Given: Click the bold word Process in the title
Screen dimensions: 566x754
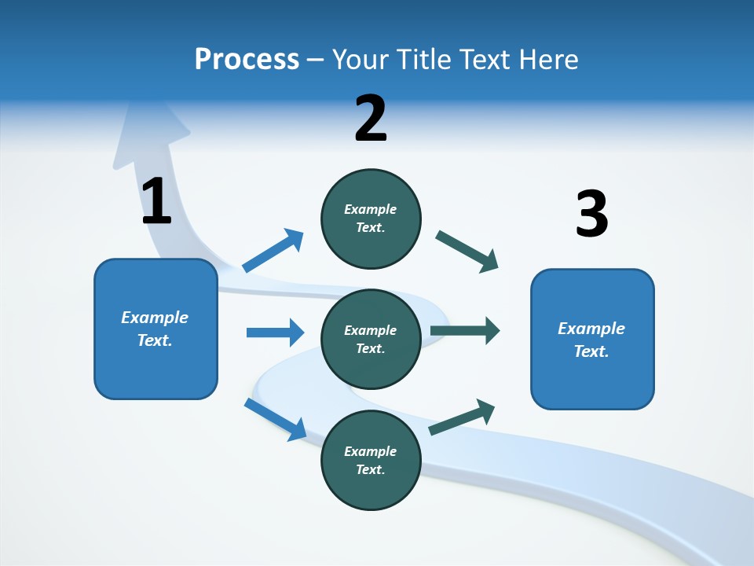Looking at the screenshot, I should coord(247,60).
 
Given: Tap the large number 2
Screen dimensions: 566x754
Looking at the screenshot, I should coord(371,119).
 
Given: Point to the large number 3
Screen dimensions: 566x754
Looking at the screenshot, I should coord(591,214).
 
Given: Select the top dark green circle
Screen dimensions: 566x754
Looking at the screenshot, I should coord(371,219).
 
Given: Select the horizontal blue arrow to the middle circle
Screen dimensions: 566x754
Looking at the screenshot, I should coord(275,333).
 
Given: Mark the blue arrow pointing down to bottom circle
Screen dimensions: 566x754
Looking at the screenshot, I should coord(275,419).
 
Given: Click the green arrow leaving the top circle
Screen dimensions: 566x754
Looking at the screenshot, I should coord(467,252).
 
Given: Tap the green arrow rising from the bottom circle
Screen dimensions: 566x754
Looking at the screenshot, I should coord(462,417).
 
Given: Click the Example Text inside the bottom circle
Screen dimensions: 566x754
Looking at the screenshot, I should coord(371,460).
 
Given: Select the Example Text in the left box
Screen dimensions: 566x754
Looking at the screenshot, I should coord(155,329).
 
